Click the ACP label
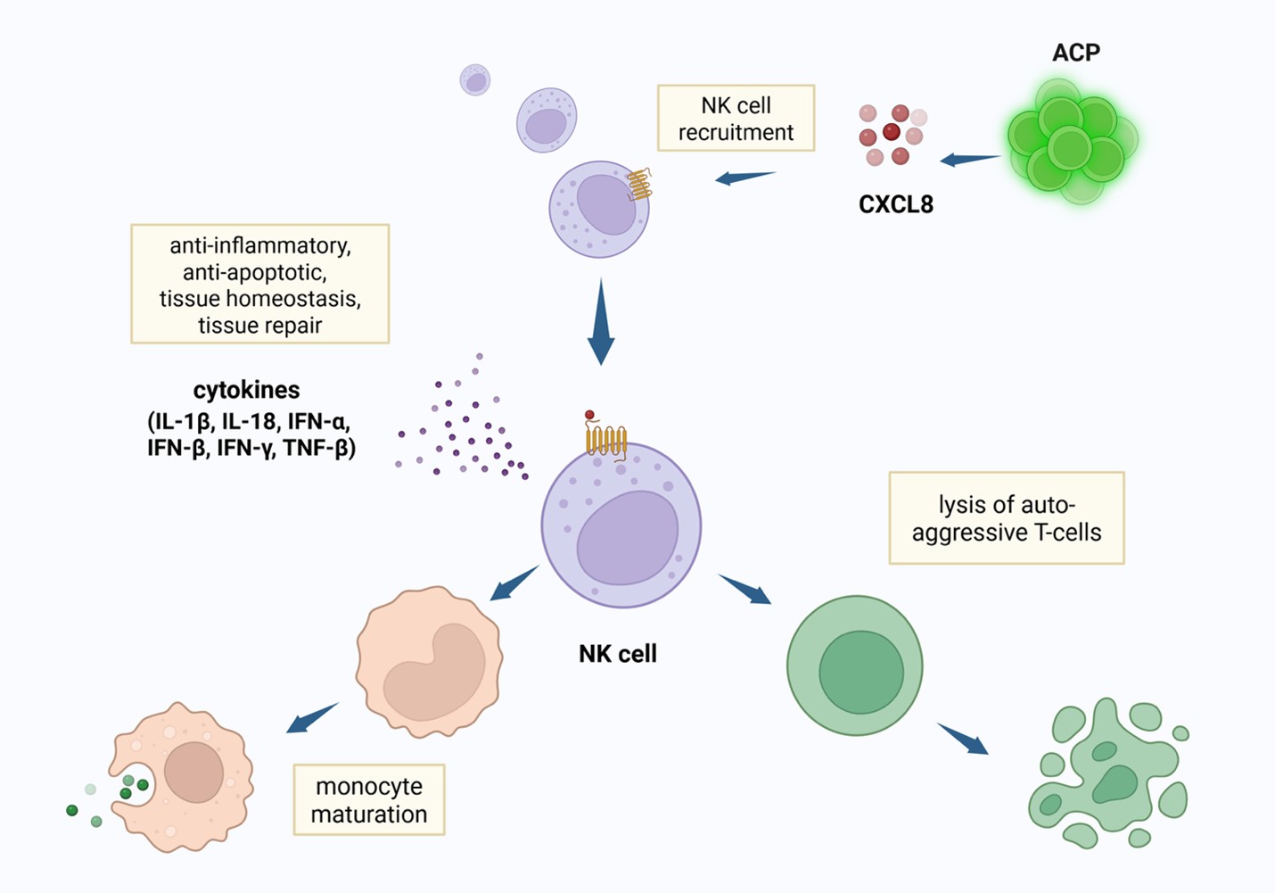tap(1076, 53)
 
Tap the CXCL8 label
tap(896, 204)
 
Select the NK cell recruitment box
tap(736, 119)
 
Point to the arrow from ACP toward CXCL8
tap(969, 159)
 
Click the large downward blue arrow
tap(601, 322)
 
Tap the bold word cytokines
tap(246, 391)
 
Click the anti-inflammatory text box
tap(260, 284)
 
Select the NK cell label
tap(618, 654)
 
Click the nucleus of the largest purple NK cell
tap(628, 538)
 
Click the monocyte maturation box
tap(369, 799)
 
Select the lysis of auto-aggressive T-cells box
tap(1007, 518)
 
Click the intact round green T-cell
tap(855, 666)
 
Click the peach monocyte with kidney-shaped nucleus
tap(429, 662)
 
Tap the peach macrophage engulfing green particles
tap(182, 777)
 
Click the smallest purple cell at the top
tap(474, 79)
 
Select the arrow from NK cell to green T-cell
tap(744, 590)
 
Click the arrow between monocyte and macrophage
tap(312, 717)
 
